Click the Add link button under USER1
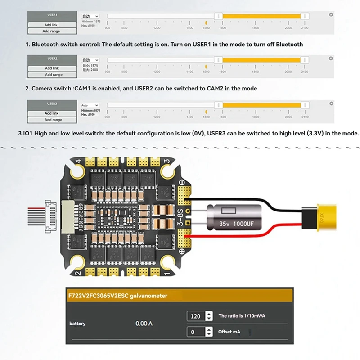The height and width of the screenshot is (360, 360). coord(51,25)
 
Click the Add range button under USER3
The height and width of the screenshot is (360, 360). coord(51,120)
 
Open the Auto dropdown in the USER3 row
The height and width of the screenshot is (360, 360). coord(90,105)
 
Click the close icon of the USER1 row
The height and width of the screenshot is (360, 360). coord(331,15)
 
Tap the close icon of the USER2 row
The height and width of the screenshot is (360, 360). coord(331,58)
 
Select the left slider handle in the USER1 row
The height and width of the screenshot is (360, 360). coord(218,16)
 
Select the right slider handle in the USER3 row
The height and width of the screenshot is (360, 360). coord(305,105)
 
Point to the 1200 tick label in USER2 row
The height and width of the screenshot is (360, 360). coord(157,72)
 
